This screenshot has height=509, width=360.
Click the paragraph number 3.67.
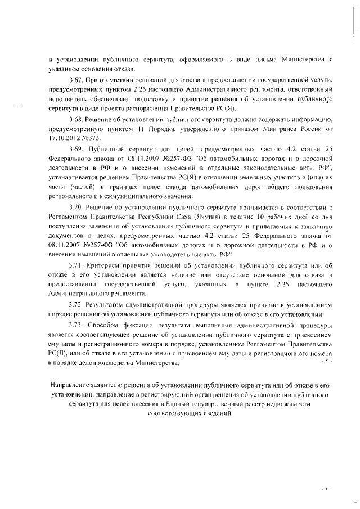pyautogui.click(x=75, y=82)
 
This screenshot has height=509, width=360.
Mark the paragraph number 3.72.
pyautogui.click(x=75, y=304)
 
